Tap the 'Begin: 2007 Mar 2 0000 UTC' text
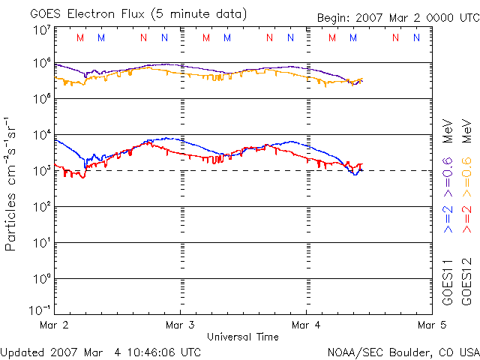tap(397, 18)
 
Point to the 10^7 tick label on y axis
tap(41, 31)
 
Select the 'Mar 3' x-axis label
tap(180, 325)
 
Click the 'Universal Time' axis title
tap(242, 337)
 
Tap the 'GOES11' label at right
tap(448, 281)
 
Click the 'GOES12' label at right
tap(466, 281)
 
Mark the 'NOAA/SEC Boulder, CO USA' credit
tap(403, 352)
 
